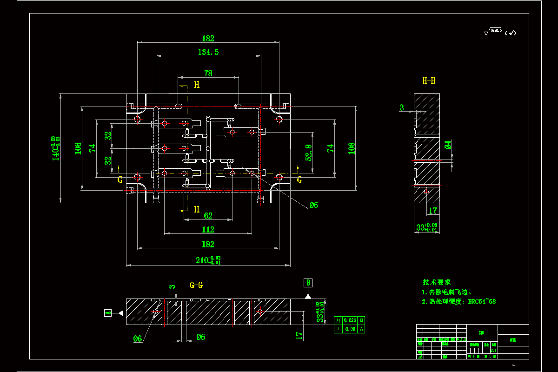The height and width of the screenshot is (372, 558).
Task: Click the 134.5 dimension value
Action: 208,52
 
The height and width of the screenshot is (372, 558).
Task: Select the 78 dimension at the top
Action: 208,73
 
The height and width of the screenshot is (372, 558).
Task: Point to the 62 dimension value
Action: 208,215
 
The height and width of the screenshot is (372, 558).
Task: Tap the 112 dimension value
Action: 208,229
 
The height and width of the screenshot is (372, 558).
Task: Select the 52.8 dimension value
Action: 309,153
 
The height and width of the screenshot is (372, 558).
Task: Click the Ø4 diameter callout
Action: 447,145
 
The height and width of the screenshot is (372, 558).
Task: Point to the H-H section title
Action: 429,81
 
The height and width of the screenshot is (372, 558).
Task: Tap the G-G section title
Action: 196,285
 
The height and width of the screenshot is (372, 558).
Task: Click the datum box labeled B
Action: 308,282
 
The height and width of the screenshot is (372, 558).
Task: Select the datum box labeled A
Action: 108,313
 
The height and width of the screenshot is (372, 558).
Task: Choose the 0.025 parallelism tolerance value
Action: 350,320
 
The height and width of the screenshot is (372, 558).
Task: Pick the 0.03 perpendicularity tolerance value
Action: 350,329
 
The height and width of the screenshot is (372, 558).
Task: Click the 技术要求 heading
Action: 437,282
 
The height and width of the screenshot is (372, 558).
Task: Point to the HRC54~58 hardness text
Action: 482,301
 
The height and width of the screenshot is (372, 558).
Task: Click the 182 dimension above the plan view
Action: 208,39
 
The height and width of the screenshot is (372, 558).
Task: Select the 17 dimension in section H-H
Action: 433,211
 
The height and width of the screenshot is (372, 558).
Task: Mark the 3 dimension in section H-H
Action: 402,108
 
